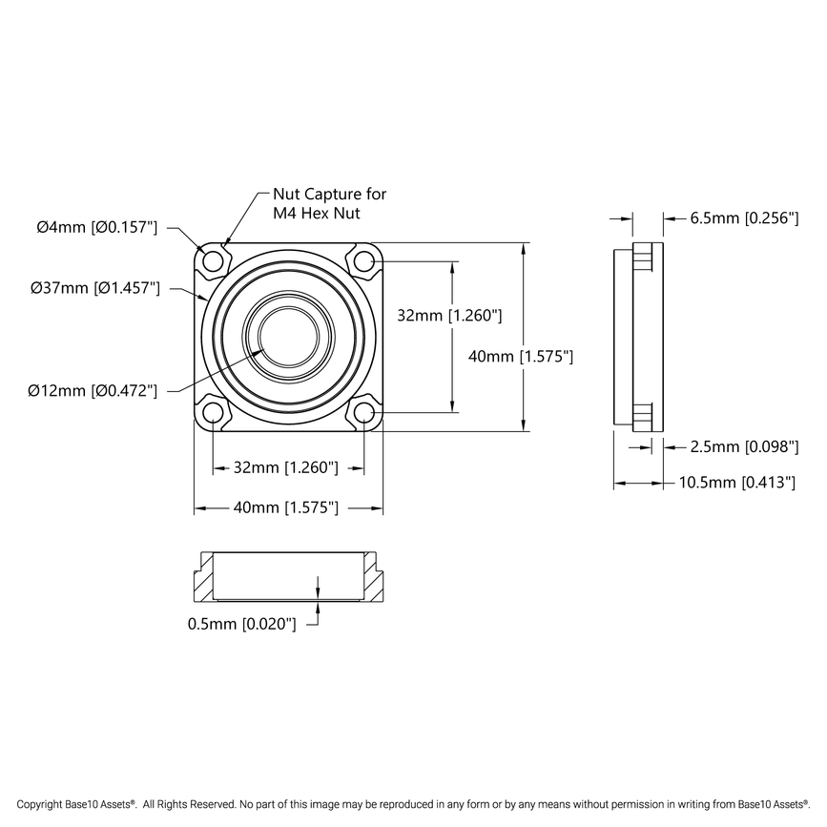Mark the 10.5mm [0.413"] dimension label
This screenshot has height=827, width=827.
[x=736, y=484]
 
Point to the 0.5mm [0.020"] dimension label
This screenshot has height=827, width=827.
[x=241, y=624]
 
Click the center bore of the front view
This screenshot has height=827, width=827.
[x=288, y=337]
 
